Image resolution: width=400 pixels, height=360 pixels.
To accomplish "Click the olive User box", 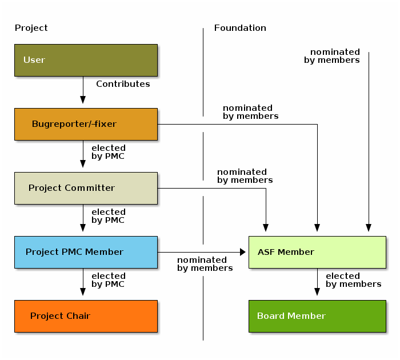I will pyautogui.click(x=86, y=60).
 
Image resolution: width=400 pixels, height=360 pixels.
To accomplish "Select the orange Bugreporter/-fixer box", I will pyautogui.click(x=86, y=124).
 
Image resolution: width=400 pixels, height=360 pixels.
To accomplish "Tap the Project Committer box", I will pyautogui.click(x=86, y=188).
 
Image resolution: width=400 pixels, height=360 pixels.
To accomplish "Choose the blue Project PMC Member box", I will pyautogui.click(x=86, y=252).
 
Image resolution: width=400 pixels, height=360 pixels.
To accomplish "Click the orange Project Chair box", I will pyautogui.click(x=86, y=316).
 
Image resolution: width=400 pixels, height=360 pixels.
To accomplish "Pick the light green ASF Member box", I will pyautogui.click(x=317, y=252).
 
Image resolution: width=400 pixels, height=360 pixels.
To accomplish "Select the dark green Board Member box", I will pyautogui.click(x=317, y=316).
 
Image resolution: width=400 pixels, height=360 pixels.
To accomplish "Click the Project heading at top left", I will pyautogui.click(x=31, y=28).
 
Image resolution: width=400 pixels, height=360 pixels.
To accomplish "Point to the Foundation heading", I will pyautogui.click(x=240, y=28).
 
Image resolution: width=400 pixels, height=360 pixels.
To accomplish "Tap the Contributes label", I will pyautogui.click(x=123, y=84).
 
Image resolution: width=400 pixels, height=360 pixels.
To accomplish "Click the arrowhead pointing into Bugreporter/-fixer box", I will pyautogui.click(x=83, y=100).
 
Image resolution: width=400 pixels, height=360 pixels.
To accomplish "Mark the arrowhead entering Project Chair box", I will pyautogui.click(x=83, y=292).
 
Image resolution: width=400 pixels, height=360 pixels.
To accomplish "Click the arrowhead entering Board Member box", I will pyautogui.click(x=317, y=292).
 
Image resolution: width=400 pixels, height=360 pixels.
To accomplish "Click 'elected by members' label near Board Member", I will pyautogui.click(x=353, y=280).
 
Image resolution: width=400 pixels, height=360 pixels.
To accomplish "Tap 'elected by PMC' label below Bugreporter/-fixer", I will pyautogui.click(x=108, y=152).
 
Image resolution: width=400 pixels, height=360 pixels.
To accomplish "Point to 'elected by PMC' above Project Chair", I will pyautogui.click(x=108, y=280).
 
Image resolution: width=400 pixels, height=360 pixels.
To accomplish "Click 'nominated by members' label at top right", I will pyautogui.click(x=332, y=56).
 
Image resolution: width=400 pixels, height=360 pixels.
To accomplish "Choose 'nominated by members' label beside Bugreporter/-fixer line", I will pyautogui.click(x=250, y=112).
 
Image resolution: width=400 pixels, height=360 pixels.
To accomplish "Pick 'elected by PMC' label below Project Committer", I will pyautogui.click(x=108, y=216).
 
